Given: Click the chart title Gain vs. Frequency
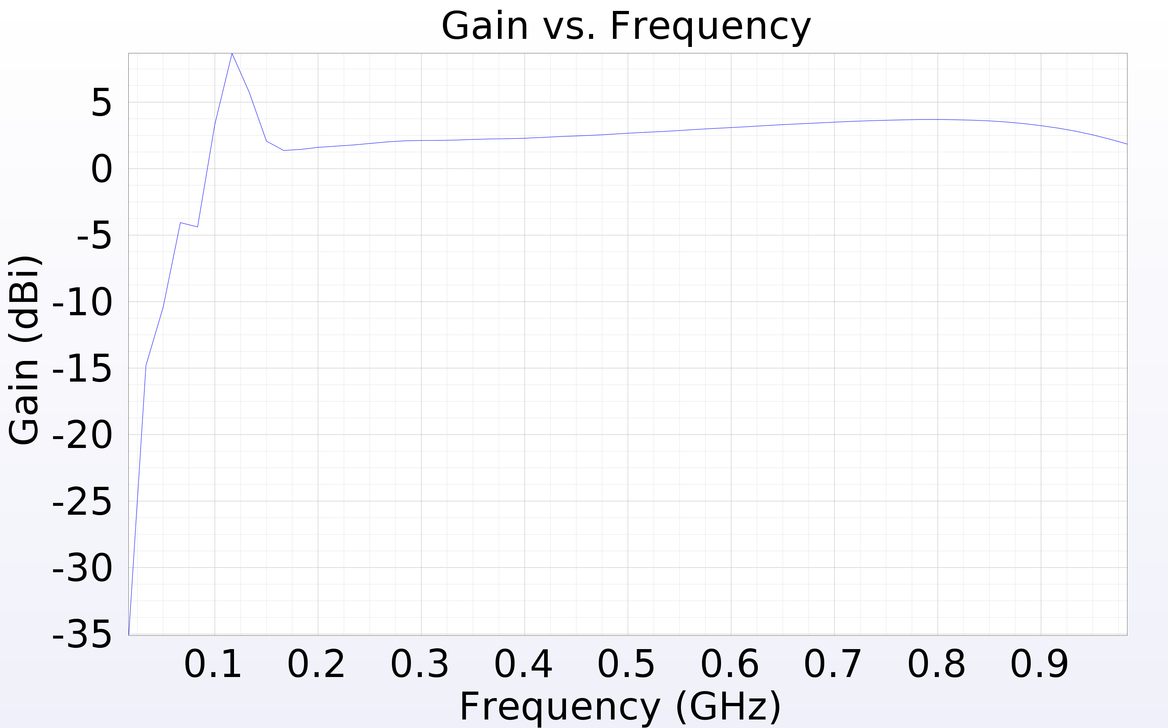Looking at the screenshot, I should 626,26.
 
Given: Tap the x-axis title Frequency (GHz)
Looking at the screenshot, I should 620,707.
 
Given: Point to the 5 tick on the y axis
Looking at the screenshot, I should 101,103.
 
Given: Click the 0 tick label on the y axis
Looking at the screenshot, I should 101,170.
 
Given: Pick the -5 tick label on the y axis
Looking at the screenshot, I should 94,236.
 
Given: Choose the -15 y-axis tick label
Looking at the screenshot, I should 82,369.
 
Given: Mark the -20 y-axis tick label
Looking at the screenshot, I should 82,436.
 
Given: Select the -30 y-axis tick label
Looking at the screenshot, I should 82,569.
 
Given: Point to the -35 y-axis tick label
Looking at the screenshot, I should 82,635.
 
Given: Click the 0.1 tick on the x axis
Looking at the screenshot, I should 213,664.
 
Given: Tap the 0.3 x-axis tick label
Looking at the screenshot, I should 419,664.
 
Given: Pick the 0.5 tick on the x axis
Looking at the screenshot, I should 626,664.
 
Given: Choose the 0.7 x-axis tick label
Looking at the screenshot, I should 833,664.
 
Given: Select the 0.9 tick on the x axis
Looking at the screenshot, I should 1039,664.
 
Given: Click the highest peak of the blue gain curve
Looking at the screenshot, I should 232,54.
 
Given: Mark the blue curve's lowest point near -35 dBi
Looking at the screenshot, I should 129,634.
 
